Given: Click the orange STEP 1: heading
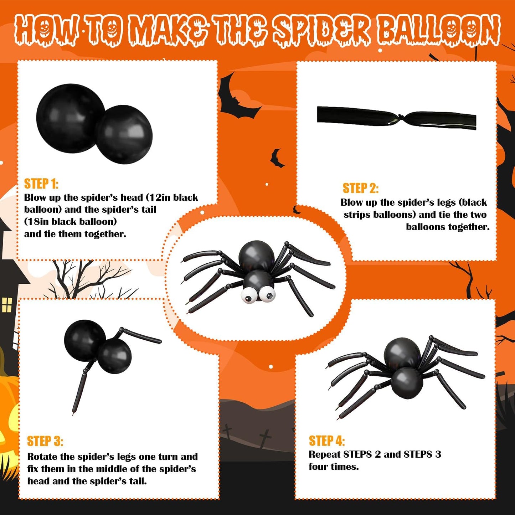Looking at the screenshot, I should (41, 184).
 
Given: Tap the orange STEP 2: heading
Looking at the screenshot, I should (360, 188).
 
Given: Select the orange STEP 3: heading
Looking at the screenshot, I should (45, 441).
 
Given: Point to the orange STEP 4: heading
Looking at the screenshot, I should (326, 441).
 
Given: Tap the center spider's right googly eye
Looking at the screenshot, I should (267, 294).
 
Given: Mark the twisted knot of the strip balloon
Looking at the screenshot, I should (401, 118).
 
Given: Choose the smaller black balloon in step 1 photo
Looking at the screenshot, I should (125, 135).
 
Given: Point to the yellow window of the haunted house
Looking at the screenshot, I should (7, 305).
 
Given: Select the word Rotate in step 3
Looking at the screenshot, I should (42, 457).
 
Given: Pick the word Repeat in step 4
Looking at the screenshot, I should (324, 454).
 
